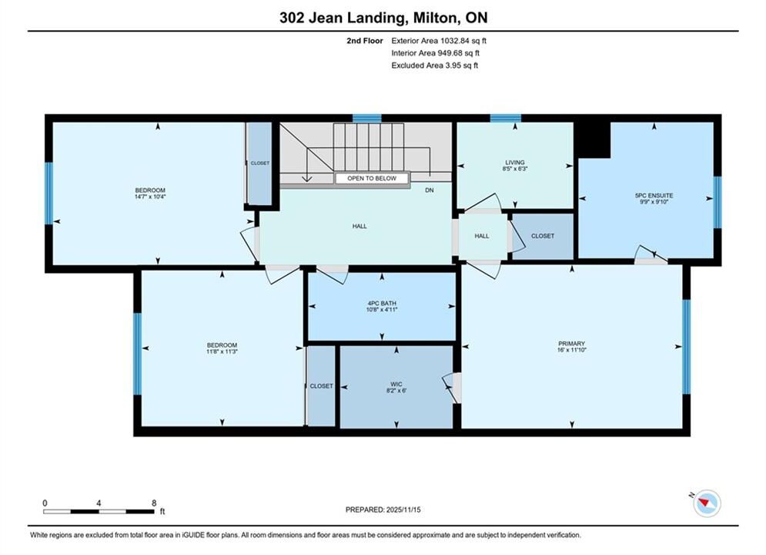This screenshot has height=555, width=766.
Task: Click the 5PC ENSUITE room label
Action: (654, 195)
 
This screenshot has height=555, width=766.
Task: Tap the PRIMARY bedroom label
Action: (571, 344)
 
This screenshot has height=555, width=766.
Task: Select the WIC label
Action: (396, 385)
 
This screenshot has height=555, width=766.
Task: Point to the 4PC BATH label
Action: (382, 303)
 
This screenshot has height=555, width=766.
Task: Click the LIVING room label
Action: (515, 163)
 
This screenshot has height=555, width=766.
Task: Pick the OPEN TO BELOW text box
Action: (372, 179)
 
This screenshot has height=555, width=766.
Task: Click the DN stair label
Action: (430, 190)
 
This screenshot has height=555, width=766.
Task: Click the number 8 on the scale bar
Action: (154, 503)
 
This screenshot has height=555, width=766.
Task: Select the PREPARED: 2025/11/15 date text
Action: (383, 510)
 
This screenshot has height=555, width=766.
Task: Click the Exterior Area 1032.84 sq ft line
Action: (439, 41)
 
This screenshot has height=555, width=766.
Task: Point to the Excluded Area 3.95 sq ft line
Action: (435, 66)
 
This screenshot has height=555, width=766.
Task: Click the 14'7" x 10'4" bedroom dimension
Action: (150, 197)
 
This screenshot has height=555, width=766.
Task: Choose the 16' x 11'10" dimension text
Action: (571, 350)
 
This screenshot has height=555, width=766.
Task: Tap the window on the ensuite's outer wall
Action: (717, 203)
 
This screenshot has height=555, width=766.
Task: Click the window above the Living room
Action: (506, 118)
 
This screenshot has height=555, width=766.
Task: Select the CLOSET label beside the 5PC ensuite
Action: (543, 236)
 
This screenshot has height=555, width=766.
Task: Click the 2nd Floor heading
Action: (365, 41)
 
